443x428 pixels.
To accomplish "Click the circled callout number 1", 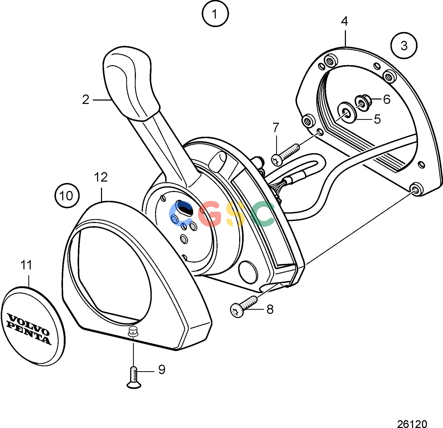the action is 215,14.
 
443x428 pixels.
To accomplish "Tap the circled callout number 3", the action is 404,46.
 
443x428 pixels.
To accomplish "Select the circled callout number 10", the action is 67,195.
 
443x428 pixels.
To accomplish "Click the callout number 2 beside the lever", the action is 86,100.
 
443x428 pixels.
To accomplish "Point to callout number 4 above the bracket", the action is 344,21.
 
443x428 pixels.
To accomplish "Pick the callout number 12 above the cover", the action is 101,177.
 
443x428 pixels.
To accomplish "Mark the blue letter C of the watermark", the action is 181,214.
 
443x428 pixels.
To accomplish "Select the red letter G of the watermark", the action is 210,214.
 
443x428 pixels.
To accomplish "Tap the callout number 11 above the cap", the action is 26,265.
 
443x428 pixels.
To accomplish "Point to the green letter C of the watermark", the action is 263,214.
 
